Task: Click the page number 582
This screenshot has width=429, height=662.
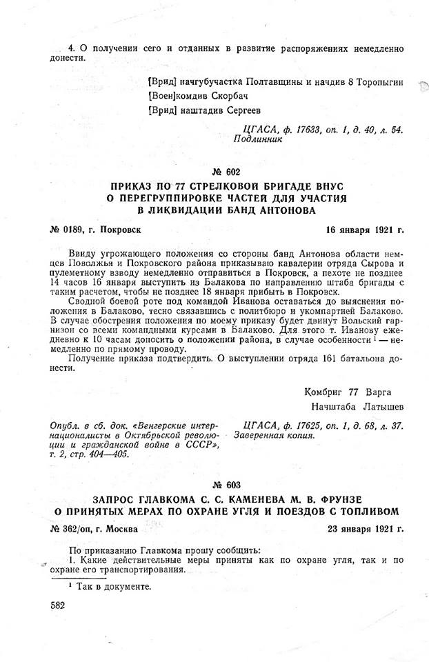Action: tap(59, 604)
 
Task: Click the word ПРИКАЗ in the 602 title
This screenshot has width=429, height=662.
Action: tap(132, 186)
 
